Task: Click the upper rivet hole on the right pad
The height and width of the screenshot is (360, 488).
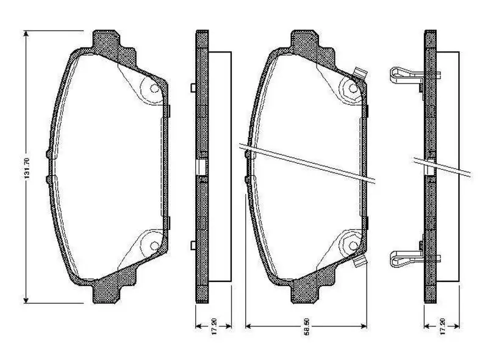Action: (x=352, y=89)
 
